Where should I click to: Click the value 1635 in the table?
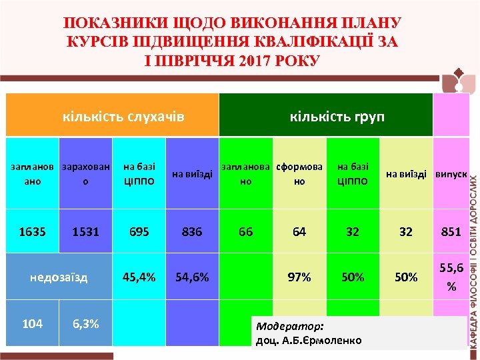[x=32, y=232]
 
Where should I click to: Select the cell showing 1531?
[x=85, y=232]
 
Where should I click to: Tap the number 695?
[x=139, y=232]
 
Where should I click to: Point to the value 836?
[x=191, y=232]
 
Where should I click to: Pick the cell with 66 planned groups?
[x=245, y=232]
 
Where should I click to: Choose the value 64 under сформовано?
[x=299, y=232]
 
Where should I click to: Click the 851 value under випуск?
[x=451, y=232]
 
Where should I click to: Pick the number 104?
[x=32, y=324]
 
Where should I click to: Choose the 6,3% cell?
[x=85, y=324]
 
